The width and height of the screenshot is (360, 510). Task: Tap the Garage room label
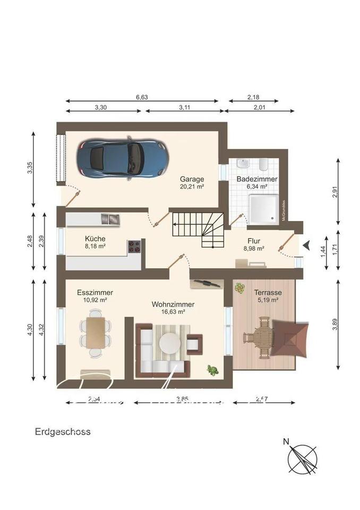click(x=192, y=179)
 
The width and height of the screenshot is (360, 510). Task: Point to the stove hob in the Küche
click(x=134, y=246)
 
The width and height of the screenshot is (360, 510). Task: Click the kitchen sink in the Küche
click(x=112, y=219)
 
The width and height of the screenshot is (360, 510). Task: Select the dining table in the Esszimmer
click(x=96, y=332)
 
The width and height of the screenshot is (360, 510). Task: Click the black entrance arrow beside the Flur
click(x=306, y=244)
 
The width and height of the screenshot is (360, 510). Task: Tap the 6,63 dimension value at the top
click(x=142, y=97)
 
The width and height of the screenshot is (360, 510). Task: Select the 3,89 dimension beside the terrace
click(x=335, y=327)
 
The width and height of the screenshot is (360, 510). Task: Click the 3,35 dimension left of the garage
click(x=30, y=167)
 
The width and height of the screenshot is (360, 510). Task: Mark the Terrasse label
click(x=267, y=292)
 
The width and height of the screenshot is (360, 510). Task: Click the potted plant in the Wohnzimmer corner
click(x=213, y=370)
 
